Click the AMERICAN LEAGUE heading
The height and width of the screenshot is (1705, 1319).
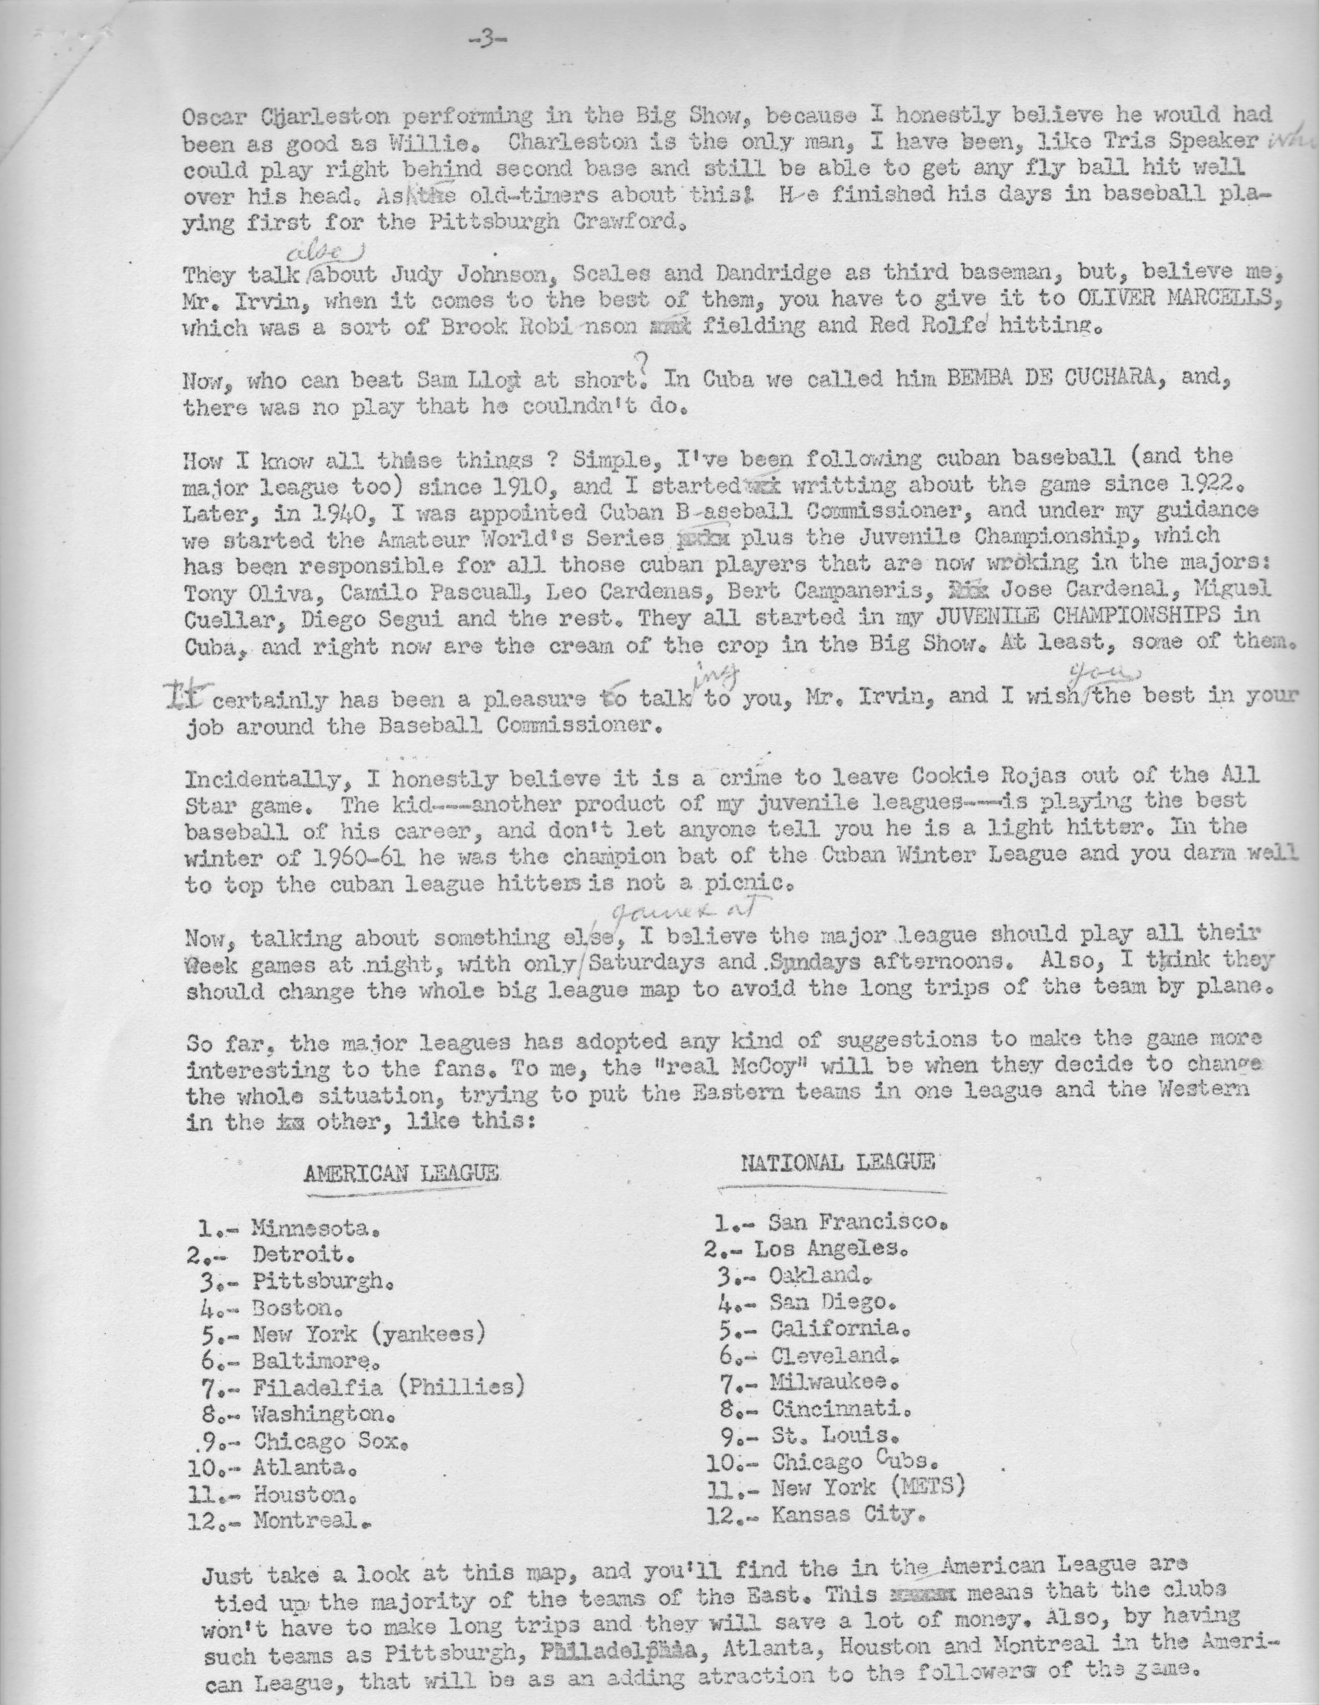[401, 1174]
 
